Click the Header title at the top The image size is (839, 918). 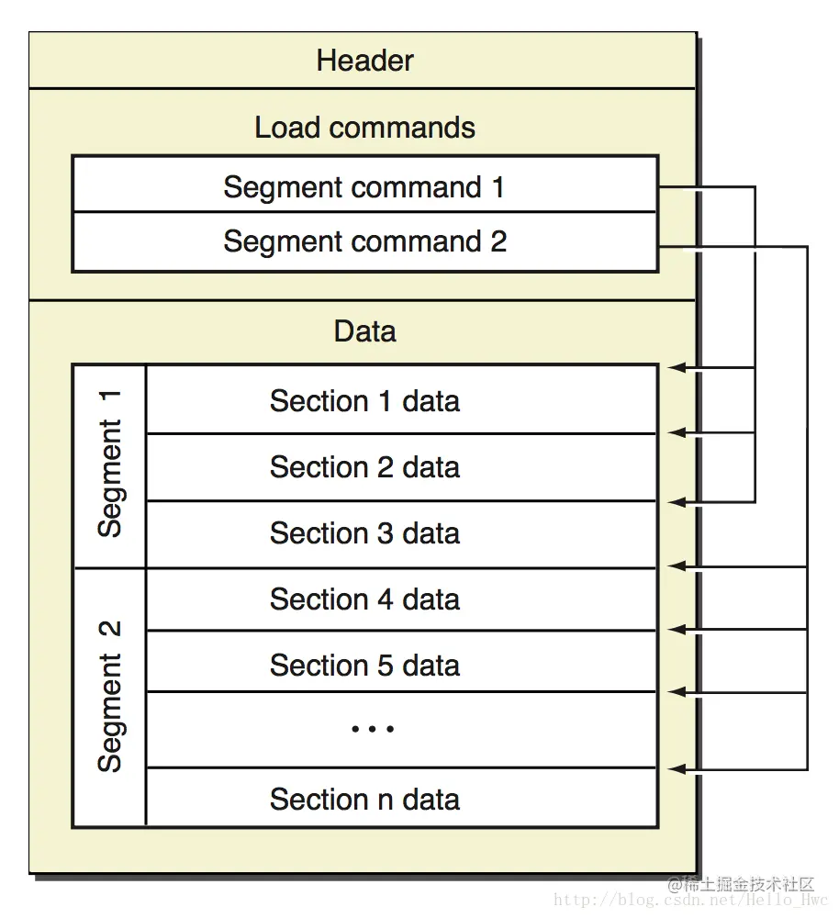coord(364,61)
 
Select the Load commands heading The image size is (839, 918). coord(364,128)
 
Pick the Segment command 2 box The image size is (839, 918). coord(365,241)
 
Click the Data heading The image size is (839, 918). coord(364,330)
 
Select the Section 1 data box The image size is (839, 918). coord(401,400)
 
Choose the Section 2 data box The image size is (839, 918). coord(401,467)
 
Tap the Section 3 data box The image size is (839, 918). coord(401,534)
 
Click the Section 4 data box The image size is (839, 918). coord(401,599)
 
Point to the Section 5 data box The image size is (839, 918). coord(401,662)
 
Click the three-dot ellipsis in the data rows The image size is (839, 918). coord(373,729)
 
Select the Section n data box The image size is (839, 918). coord(401,798)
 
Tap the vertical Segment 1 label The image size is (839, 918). coord(109,464)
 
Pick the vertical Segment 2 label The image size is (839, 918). coord(109,696)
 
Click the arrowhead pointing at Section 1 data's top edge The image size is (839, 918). coord(677,368)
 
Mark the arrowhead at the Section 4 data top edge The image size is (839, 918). coord(677,566)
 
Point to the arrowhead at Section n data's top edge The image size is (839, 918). coord(677,768)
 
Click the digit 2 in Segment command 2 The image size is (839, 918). coord(498,241)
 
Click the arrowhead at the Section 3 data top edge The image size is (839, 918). coord(677,502)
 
